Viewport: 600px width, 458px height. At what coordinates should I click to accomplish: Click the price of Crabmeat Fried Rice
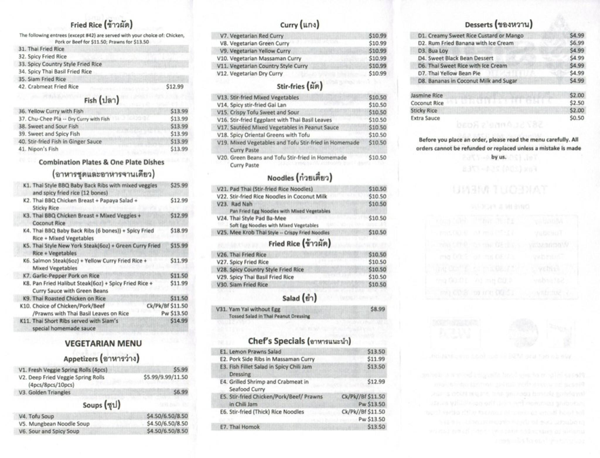tap(175, 87)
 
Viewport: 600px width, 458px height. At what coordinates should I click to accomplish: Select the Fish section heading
tap(101, 100)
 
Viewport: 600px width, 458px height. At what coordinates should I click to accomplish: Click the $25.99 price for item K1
tap(179, 185)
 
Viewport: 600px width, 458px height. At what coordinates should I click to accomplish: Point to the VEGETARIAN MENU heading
tap(103, 343)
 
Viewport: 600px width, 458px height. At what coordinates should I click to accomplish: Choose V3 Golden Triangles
tap(45, 392)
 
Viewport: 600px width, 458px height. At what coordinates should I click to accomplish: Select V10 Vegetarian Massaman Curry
tap(259, 59)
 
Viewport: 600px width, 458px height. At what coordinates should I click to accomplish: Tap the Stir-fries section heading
tap(299, 86)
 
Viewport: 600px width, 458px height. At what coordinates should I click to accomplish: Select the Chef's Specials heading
tap(299, 341)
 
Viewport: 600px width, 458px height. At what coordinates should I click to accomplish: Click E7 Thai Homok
tap(240, 427)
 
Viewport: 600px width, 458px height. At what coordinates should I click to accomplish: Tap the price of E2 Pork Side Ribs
tap(376, 359)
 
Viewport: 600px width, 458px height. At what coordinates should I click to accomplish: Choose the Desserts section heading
tap(499, 25)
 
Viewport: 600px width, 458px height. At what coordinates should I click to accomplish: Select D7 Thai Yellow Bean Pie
tap(449, 73)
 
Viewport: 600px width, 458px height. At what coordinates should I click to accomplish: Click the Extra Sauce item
tap(425, 118)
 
